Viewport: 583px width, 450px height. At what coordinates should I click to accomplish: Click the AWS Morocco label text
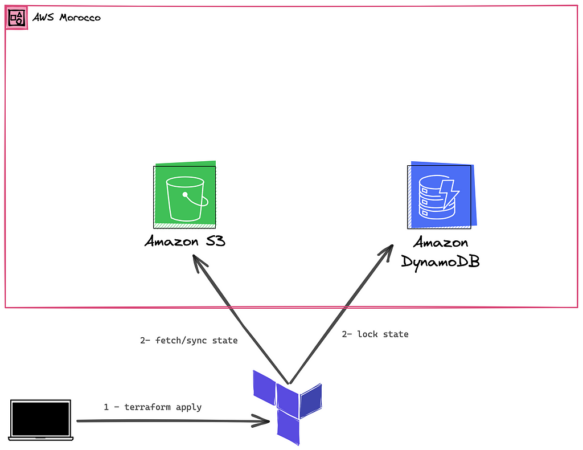click(66, 18)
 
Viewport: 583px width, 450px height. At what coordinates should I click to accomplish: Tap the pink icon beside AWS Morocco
click(17, 18)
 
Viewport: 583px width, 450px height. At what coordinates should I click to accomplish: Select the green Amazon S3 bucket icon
click(185, 196)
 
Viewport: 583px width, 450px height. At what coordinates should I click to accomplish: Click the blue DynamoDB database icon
click(441, 197)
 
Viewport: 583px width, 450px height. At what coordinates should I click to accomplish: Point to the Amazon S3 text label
click(185, 242)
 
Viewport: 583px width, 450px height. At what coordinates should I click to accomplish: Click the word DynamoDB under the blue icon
click(440, 261)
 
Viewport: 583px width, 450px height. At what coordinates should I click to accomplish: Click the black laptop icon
click(41, 420)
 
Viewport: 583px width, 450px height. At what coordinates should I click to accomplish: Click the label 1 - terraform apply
click(153, 407)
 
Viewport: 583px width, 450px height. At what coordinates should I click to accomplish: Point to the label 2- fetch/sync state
click(188, 341)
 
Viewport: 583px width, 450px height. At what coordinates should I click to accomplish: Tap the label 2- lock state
click(375, 334)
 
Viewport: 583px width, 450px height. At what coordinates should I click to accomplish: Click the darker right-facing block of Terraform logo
click(311, 400)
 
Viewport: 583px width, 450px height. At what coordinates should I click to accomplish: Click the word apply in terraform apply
click(188, 407)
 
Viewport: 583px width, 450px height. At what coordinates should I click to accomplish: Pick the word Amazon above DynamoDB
click(440, 243)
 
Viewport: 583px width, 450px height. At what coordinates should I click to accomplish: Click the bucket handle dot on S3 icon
click(186, 194)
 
